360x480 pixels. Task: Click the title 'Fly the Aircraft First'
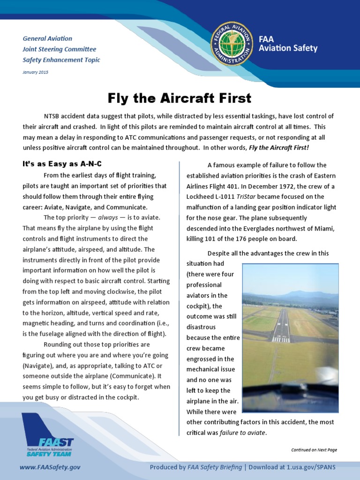(x=180, y=98)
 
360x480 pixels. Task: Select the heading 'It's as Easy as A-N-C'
(x=62, y=164)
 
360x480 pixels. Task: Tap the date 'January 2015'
(x=36, y=72)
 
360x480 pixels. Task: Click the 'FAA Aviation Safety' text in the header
(x=288, y=44)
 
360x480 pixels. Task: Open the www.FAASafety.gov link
(x=50, y=467)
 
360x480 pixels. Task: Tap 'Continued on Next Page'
(x=314, y=450)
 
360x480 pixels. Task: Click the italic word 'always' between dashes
(x=107, y=217)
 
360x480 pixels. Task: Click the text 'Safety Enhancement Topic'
(x=61, y=60)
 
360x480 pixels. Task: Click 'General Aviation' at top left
(x=47, y=38)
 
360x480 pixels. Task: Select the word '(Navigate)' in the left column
(x=37, y=366)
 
